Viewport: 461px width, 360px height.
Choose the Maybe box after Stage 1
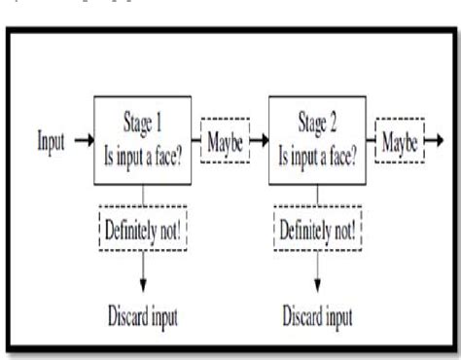point(226,140)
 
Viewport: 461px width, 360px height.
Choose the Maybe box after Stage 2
point(400,140)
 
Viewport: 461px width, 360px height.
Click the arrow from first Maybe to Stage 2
point(261,140)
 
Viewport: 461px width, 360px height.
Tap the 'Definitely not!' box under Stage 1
point(145,229)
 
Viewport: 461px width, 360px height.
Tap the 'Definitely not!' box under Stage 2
point(318,229)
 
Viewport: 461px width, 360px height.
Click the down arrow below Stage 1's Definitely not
point(145,271)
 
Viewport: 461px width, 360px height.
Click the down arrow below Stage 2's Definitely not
point(318,271)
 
